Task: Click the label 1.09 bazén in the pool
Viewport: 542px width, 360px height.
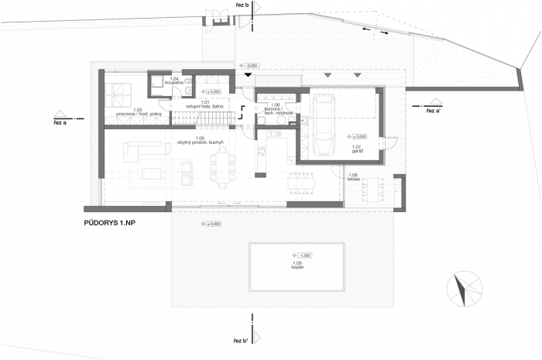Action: pyautogui.click(x=297, y=264)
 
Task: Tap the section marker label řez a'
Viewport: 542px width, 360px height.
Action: pyautogui.click(x=434, y=111)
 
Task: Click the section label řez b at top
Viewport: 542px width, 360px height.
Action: pyautogui.click(x=241, y=5)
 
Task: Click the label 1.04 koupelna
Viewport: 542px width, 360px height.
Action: pyautogui.click(x=174, y=81)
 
